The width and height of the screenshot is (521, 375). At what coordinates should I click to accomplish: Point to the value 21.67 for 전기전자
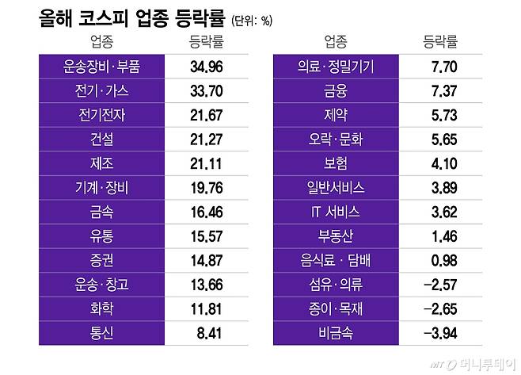tap(207, 115)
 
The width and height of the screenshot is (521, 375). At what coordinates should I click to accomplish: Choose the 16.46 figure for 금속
tap(207, 212)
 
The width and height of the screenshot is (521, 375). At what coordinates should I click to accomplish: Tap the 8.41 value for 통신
tap(207, 334)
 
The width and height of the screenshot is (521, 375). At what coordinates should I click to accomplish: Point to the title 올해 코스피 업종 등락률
tap(131, 17)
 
